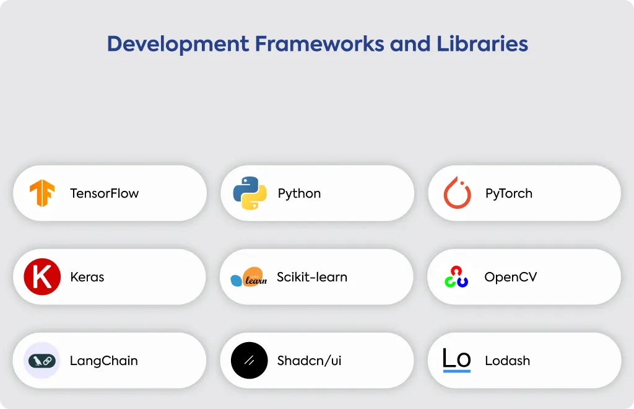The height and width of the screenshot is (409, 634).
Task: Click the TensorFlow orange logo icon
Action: (x=42, y=193)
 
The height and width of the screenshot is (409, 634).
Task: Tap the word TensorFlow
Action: (x=104, y=193)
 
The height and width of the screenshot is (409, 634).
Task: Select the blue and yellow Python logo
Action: (x=250, y=193)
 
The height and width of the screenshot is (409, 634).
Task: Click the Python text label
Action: (x=299, y=194)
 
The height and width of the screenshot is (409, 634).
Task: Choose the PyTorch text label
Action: (x=509, y=194)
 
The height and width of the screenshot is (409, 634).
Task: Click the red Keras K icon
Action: (x=42, y=277)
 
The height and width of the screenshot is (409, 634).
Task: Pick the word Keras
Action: (x=87, y=277)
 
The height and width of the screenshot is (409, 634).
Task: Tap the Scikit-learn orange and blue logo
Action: (x=249, y=277)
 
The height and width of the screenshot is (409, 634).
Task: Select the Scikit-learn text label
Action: (x=312, y=277)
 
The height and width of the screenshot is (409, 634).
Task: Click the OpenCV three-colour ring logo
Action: (x=456, y=277)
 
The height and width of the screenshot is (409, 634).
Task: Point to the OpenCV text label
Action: (x=511, y=277)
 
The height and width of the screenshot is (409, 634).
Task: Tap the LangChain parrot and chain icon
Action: (x=42, y=361)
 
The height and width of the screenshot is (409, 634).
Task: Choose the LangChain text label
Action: (x=104, y=361)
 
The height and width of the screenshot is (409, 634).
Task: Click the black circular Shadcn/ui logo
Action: (x=249, y=361)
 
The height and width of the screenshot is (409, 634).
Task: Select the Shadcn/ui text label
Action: (x=310, y=361)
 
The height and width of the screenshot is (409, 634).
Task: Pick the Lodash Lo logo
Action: (x=457, y=359)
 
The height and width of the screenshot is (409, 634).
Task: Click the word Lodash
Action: (x=508, y=361)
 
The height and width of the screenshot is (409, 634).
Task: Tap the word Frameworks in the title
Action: (x=319, y=44)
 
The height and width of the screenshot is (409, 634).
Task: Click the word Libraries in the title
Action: (x=482, y=43)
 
